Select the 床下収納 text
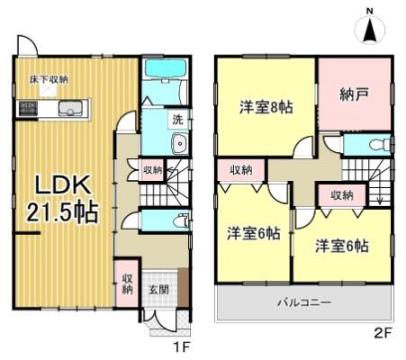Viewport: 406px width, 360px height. (50, 78)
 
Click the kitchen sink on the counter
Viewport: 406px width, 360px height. (69, 110)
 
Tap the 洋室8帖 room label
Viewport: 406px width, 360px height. (265, 104)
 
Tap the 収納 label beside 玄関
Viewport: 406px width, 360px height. (127, 282)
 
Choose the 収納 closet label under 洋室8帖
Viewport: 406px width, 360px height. (239, 169)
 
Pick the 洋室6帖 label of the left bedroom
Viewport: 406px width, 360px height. (252, 233)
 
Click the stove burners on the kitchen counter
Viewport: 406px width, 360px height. (28, 110)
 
